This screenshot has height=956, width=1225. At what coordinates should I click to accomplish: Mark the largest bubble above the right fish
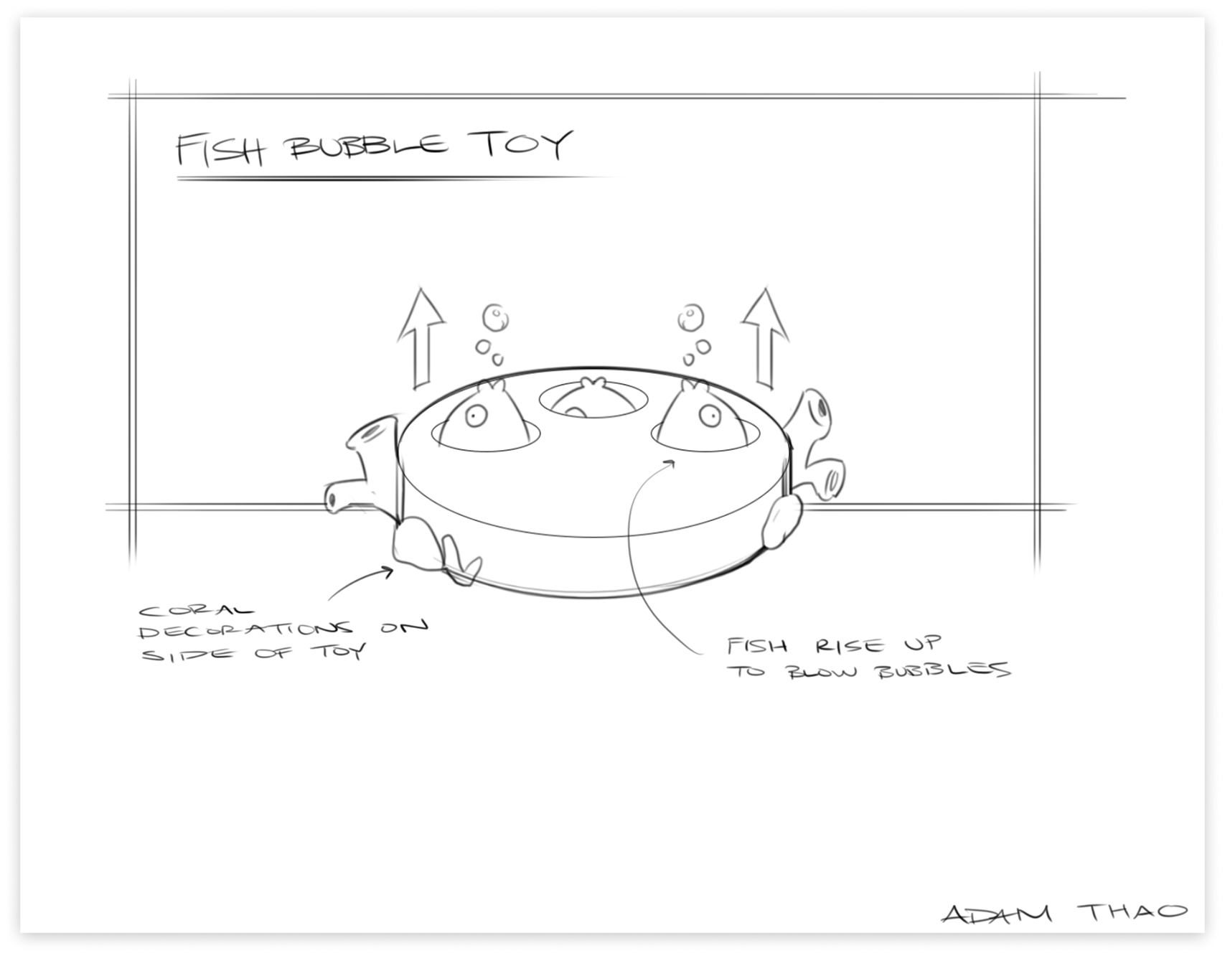(x=690, y=317)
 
